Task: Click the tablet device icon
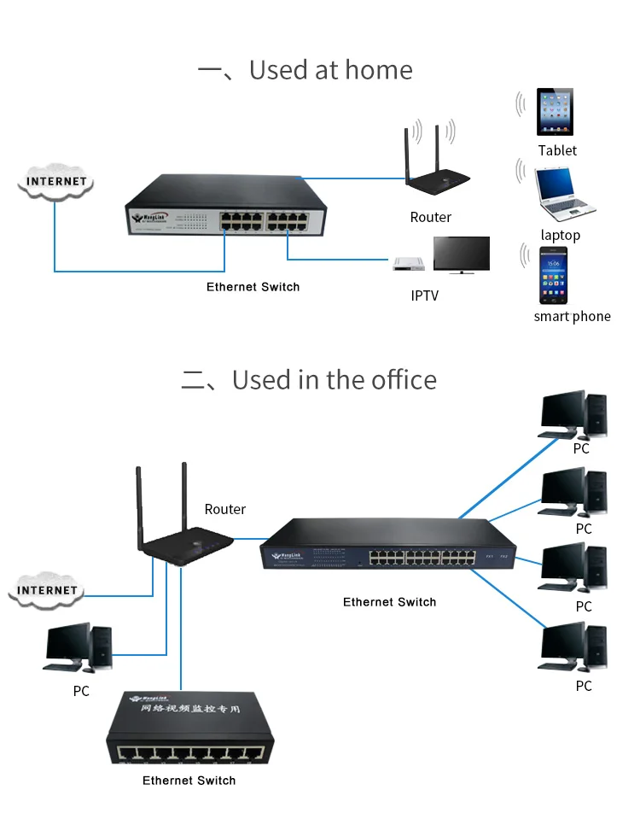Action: [x=555, y=112]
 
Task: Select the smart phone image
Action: [x=553, y=275]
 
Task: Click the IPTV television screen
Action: [x=461, y=255]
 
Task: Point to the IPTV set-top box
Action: [x=409, y=263]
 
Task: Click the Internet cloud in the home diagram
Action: [x=56, y=181]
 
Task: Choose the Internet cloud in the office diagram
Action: [x=48, y=590]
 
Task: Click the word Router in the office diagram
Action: [x=225, y=509]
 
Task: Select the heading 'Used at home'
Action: [x=330, y=70]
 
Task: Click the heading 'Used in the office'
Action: [x=334, y=379]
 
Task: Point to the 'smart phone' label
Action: [x=572, y=316]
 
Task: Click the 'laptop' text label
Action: [x=560, y=235]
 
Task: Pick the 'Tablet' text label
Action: [x=557, y=150]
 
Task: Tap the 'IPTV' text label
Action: [x=424, y=296]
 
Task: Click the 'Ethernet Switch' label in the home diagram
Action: [x=253, y=287]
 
